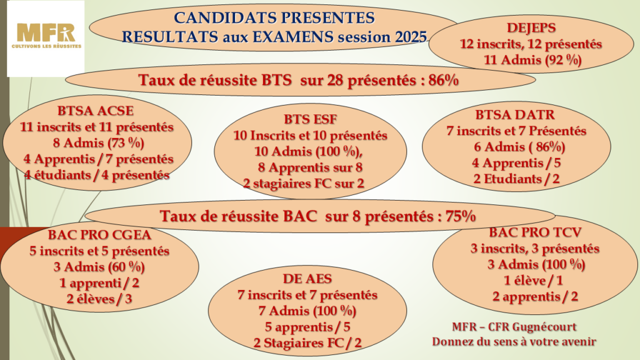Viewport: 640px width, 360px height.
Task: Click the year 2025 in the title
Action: (x=411, y=37)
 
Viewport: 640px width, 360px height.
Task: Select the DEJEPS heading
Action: (x=531, y=27)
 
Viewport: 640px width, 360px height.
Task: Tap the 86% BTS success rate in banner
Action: (x=443, y=80)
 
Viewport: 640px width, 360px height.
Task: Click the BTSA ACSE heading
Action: (x=96, y=111)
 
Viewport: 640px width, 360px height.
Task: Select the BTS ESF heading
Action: (x=311, y=119)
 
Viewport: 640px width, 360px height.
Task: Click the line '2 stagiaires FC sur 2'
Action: (x=304, y=183)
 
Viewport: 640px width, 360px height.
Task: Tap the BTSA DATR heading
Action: (x=515, y=115)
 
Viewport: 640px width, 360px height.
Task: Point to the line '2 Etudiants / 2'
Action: (x=516, y=179)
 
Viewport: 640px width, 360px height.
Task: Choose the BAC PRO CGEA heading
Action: (x=99, y=235)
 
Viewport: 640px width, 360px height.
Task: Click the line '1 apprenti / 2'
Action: (x=99, y=283)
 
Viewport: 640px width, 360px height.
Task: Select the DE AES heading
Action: (x=307, y=279)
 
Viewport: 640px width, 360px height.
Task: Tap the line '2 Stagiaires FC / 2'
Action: (x=307, y=343)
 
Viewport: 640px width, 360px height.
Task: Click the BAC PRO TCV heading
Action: (x=535, y=232)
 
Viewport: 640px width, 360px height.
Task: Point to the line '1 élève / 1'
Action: (x=534, y=281)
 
